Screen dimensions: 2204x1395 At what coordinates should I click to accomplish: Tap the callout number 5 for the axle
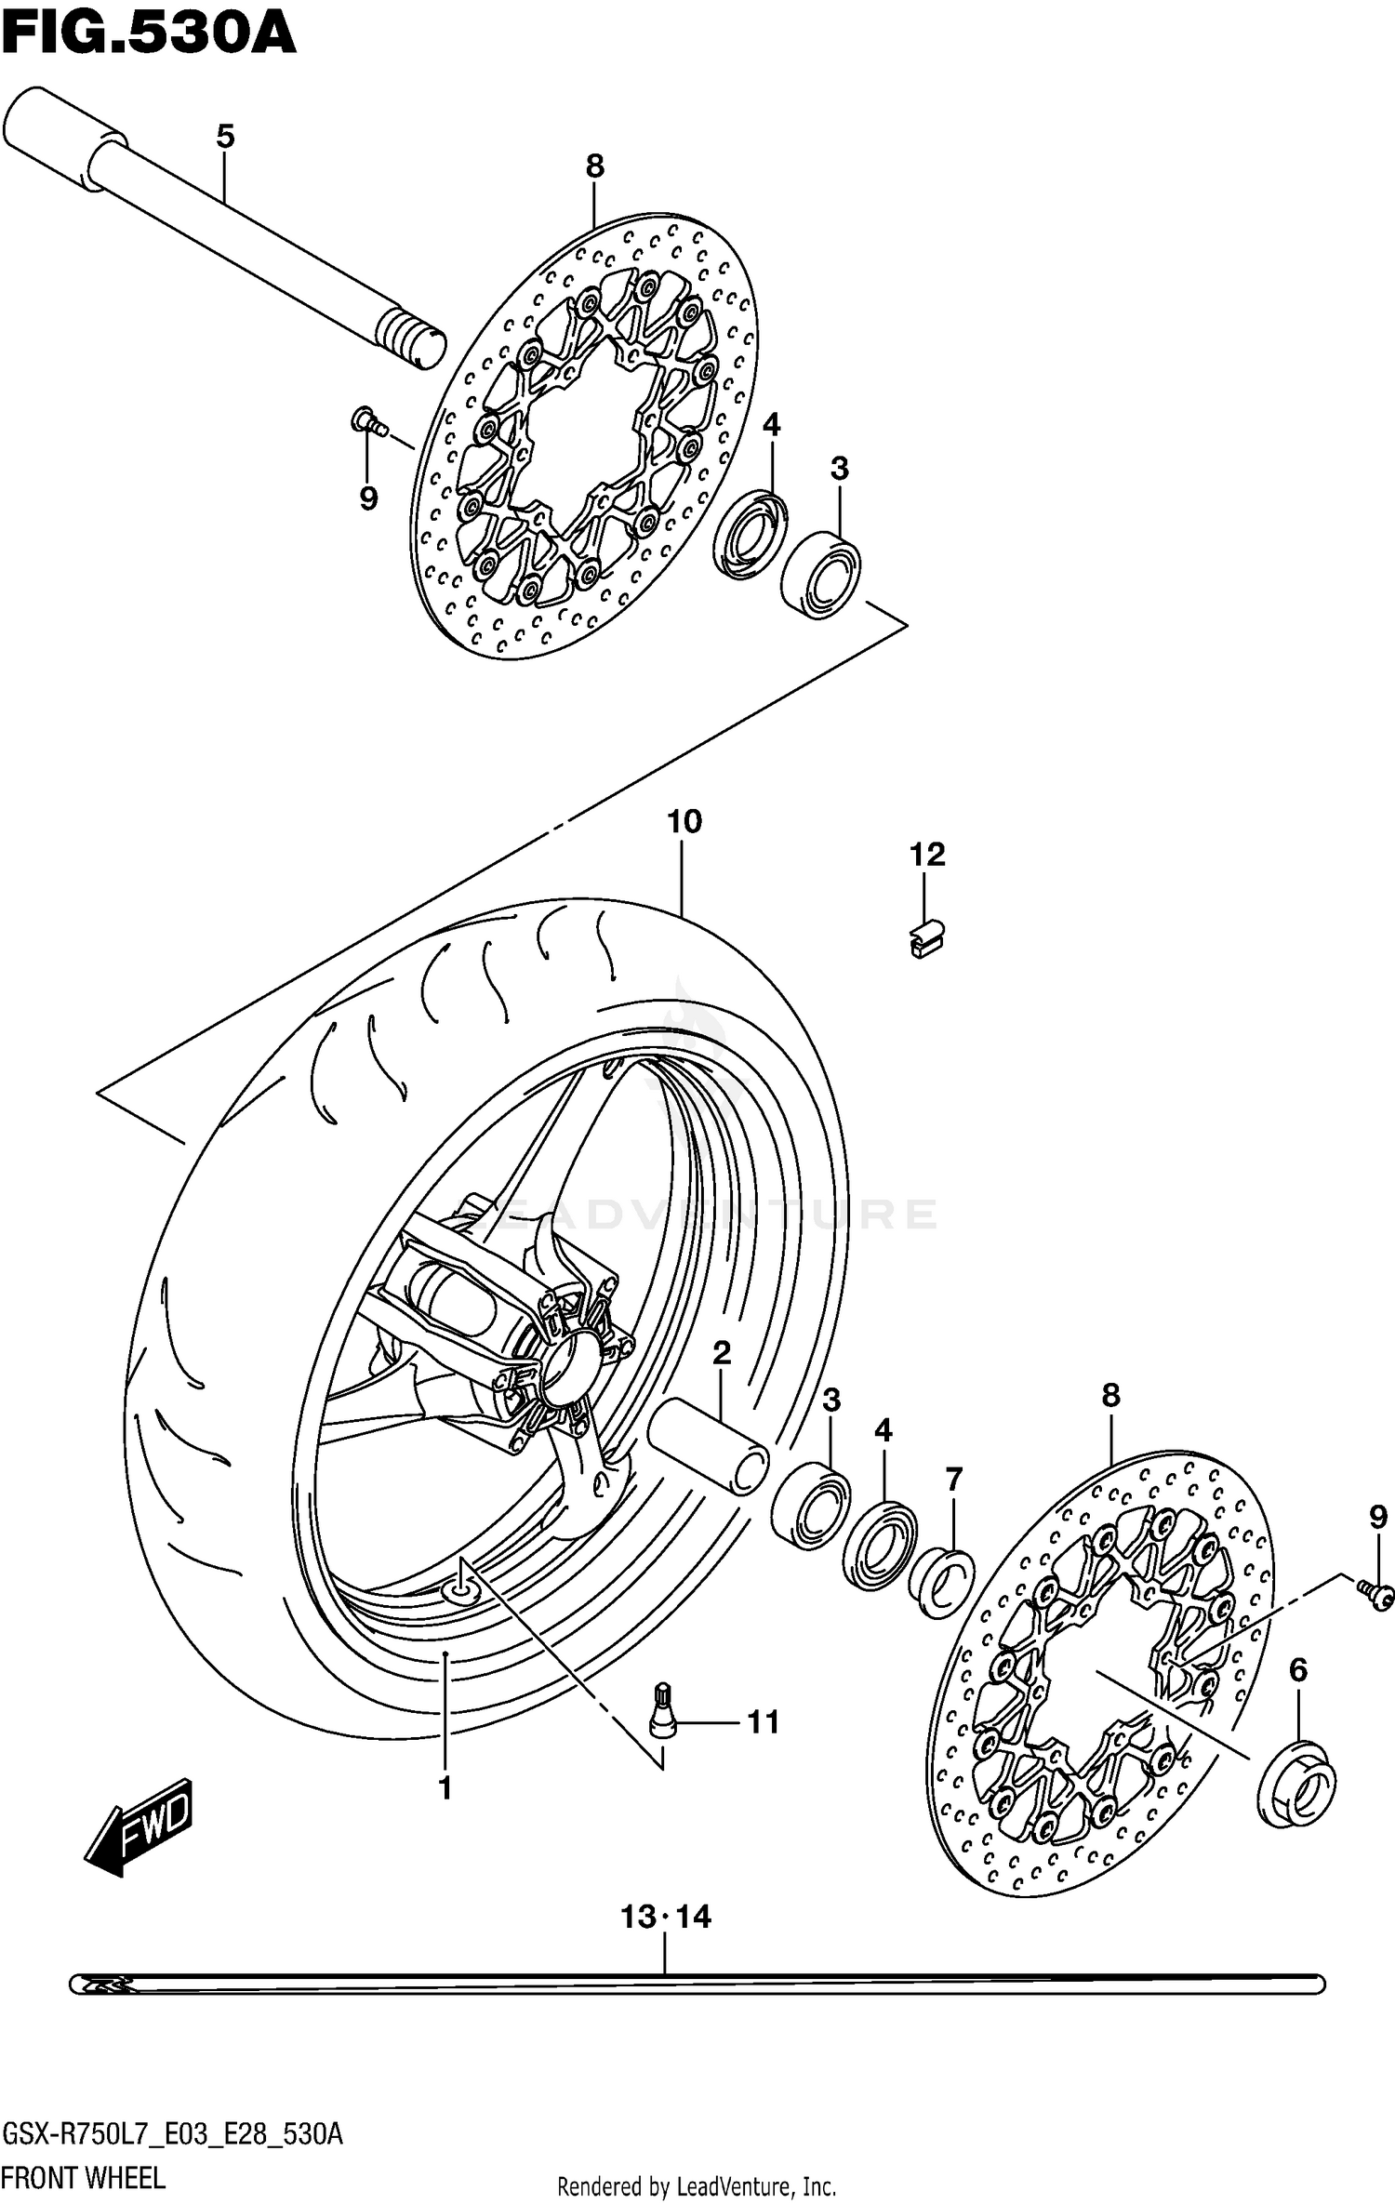pos(225,138)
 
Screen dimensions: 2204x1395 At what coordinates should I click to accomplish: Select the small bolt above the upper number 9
pos(366,422)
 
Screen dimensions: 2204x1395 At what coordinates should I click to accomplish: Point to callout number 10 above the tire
pos(684,822)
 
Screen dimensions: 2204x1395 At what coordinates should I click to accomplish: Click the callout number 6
pos(1298,1671)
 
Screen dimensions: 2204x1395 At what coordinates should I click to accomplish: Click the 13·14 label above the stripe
pos(666,1918)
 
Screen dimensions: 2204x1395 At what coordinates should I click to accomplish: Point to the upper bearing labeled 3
pos(821,574)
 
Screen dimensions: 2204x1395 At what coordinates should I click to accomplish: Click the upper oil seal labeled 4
pos(750,536)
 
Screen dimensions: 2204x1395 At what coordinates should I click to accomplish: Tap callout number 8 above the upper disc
pos(595,166)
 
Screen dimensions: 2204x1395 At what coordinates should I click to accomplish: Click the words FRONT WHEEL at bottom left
pos(84,2179)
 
